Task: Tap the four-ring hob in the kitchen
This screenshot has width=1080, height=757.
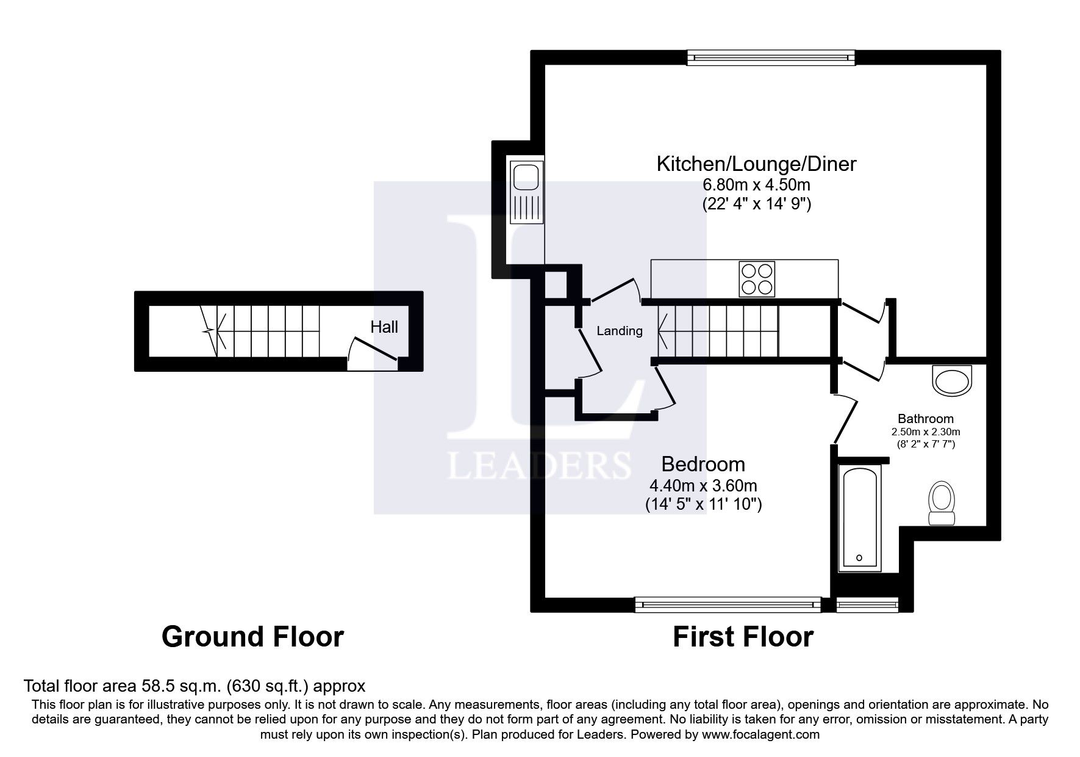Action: pyautogui.click(x=757, y=279)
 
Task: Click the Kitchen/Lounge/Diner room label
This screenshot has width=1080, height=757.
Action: pyautogui.click(x=756, y=164)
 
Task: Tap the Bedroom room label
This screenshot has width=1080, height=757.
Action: pyautogui.click(x=703, y=464)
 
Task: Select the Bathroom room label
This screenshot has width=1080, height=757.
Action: pyautogui.click(x=926, y=419)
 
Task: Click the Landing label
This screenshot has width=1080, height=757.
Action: pyautogui.click(x=620, y=331)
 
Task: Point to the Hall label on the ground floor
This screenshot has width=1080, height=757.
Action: pyautogui.click(x=384, y=327)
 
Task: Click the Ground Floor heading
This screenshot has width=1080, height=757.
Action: pyautogui.click(x=252, y=637)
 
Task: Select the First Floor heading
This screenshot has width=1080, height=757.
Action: pyautogui.click(x=743, y=637)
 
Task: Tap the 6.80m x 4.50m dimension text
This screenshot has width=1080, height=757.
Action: pyautogui.click(x=756, y=184)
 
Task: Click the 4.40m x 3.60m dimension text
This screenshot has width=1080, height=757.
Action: pyautogui.click(x=703, y=486)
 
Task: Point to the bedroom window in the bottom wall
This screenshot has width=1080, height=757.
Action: pyautogui.click(x=728, y=604)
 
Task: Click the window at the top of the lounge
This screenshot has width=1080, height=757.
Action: pyautogui.click(x=771, y=57)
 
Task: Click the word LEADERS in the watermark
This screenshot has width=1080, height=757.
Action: pyautogui.click(x=539, y=465)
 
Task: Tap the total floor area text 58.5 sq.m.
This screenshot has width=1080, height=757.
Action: pyautogui.click(x=194, y=686)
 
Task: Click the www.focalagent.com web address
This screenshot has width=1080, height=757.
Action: pyautogui.click(x=760, y=734)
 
